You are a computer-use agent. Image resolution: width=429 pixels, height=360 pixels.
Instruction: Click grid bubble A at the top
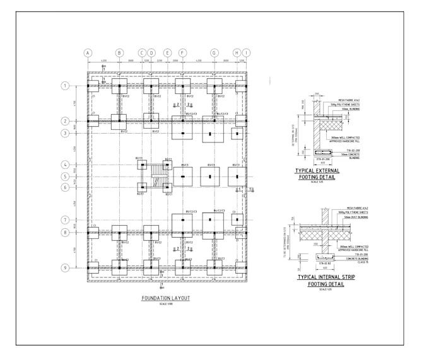pos(88,52)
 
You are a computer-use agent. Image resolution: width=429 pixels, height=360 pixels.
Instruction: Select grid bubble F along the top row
pos(182,52)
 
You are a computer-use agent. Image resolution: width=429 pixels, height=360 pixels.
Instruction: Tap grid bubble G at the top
pos(214,52)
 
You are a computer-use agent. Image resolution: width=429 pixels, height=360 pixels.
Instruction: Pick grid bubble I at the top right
pos(246,52)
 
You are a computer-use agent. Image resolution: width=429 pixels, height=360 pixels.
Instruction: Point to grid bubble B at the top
pos(119,52)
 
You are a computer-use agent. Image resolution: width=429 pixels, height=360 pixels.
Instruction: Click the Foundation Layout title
pos(166,298)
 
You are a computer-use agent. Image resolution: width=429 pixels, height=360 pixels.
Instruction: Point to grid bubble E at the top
pos(167,52)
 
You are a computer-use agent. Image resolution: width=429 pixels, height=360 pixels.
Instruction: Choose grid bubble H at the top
pos(237,52)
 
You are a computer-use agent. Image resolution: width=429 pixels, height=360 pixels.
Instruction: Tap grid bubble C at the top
pos(142,52)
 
